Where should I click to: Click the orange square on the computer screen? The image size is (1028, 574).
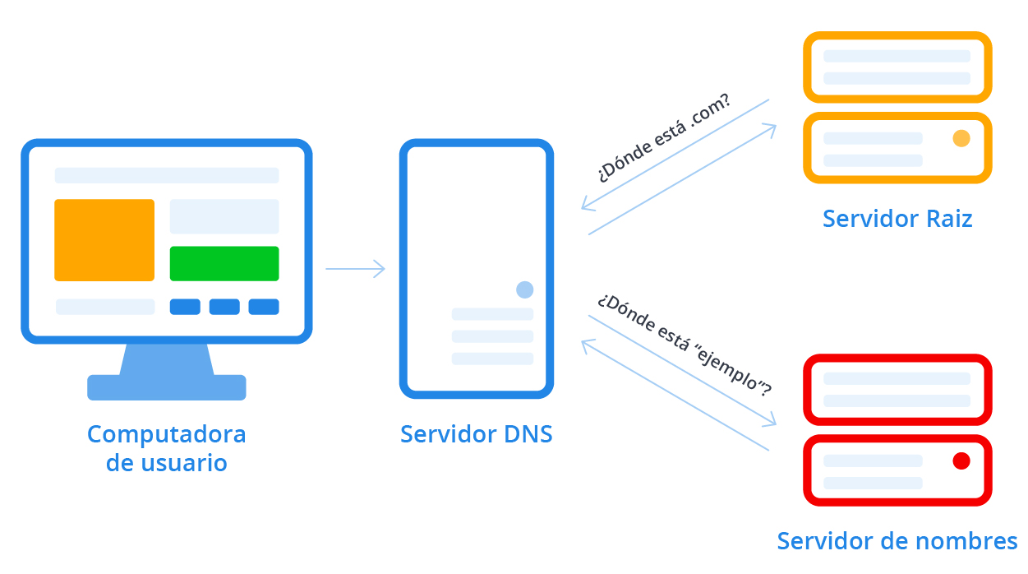104,240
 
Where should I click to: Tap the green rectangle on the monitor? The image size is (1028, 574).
224,263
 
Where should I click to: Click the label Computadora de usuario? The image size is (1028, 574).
167,448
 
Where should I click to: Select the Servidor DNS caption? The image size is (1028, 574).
477,433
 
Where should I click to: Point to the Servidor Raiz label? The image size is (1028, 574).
897,219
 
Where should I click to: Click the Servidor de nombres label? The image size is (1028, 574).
897,541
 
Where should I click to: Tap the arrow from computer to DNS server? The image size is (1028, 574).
355,269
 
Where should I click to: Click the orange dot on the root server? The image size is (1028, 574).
961,138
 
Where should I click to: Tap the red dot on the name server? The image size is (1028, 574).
961,461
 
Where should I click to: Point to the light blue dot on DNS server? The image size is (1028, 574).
525,289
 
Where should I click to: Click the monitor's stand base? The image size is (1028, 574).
167,387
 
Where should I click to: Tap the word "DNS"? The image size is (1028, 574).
527,433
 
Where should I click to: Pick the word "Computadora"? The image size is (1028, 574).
167,433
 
